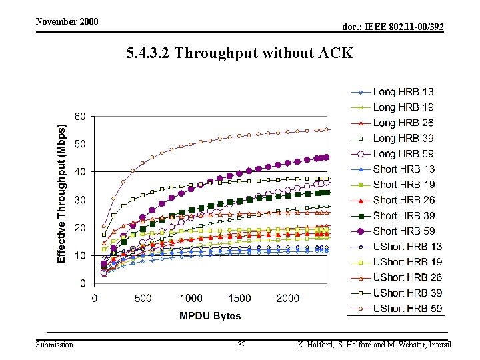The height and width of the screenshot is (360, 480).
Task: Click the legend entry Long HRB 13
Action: click(392, 92)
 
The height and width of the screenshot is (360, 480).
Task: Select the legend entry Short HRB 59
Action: click(393, 231)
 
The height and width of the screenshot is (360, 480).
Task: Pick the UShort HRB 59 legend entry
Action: click(397, 309)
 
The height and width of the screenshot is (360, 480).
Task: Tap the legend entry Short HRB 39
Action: click(393, 216)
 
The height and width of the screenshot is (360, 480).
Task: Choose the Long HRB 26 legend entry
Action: click(392, 123)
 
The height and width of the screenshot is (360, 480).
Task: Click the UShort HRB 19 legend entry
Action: click(397, 262)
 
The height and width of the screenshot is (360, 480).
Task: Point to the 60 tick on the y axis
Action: click(80, 116)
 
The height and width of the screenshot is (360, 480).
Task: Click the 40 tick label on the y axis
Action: click(80, 172)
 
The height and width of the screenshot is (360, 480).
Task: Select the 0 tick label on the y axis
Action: click(83, 283)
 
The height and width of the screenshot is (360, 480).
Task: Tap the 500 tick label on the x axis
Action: click(143, 298)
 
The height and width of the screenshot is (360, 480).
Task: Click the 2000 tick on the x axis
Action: click(288, 298)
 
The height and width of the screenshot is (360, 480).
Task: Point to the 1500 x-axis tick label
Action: click(239, 298)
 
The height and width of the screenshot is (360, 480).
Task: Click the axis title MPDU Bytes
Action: click(210, 315)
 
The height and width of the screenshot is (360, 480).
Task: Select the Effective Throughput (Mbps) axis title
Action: click(61, 194)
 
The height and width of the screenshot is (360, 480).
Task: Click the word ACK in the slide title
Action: click(336, 53)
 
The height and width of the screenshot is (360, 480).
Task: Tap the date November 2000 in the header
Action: click(67, 21)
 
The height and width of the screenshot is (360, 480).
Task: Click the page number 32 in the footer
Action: click(241, 345)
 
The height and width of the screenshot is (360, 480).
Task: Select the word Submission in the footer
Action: click(55, 345)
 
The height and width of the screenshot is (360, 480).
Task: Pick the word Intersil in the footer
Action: click(440, 345)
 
